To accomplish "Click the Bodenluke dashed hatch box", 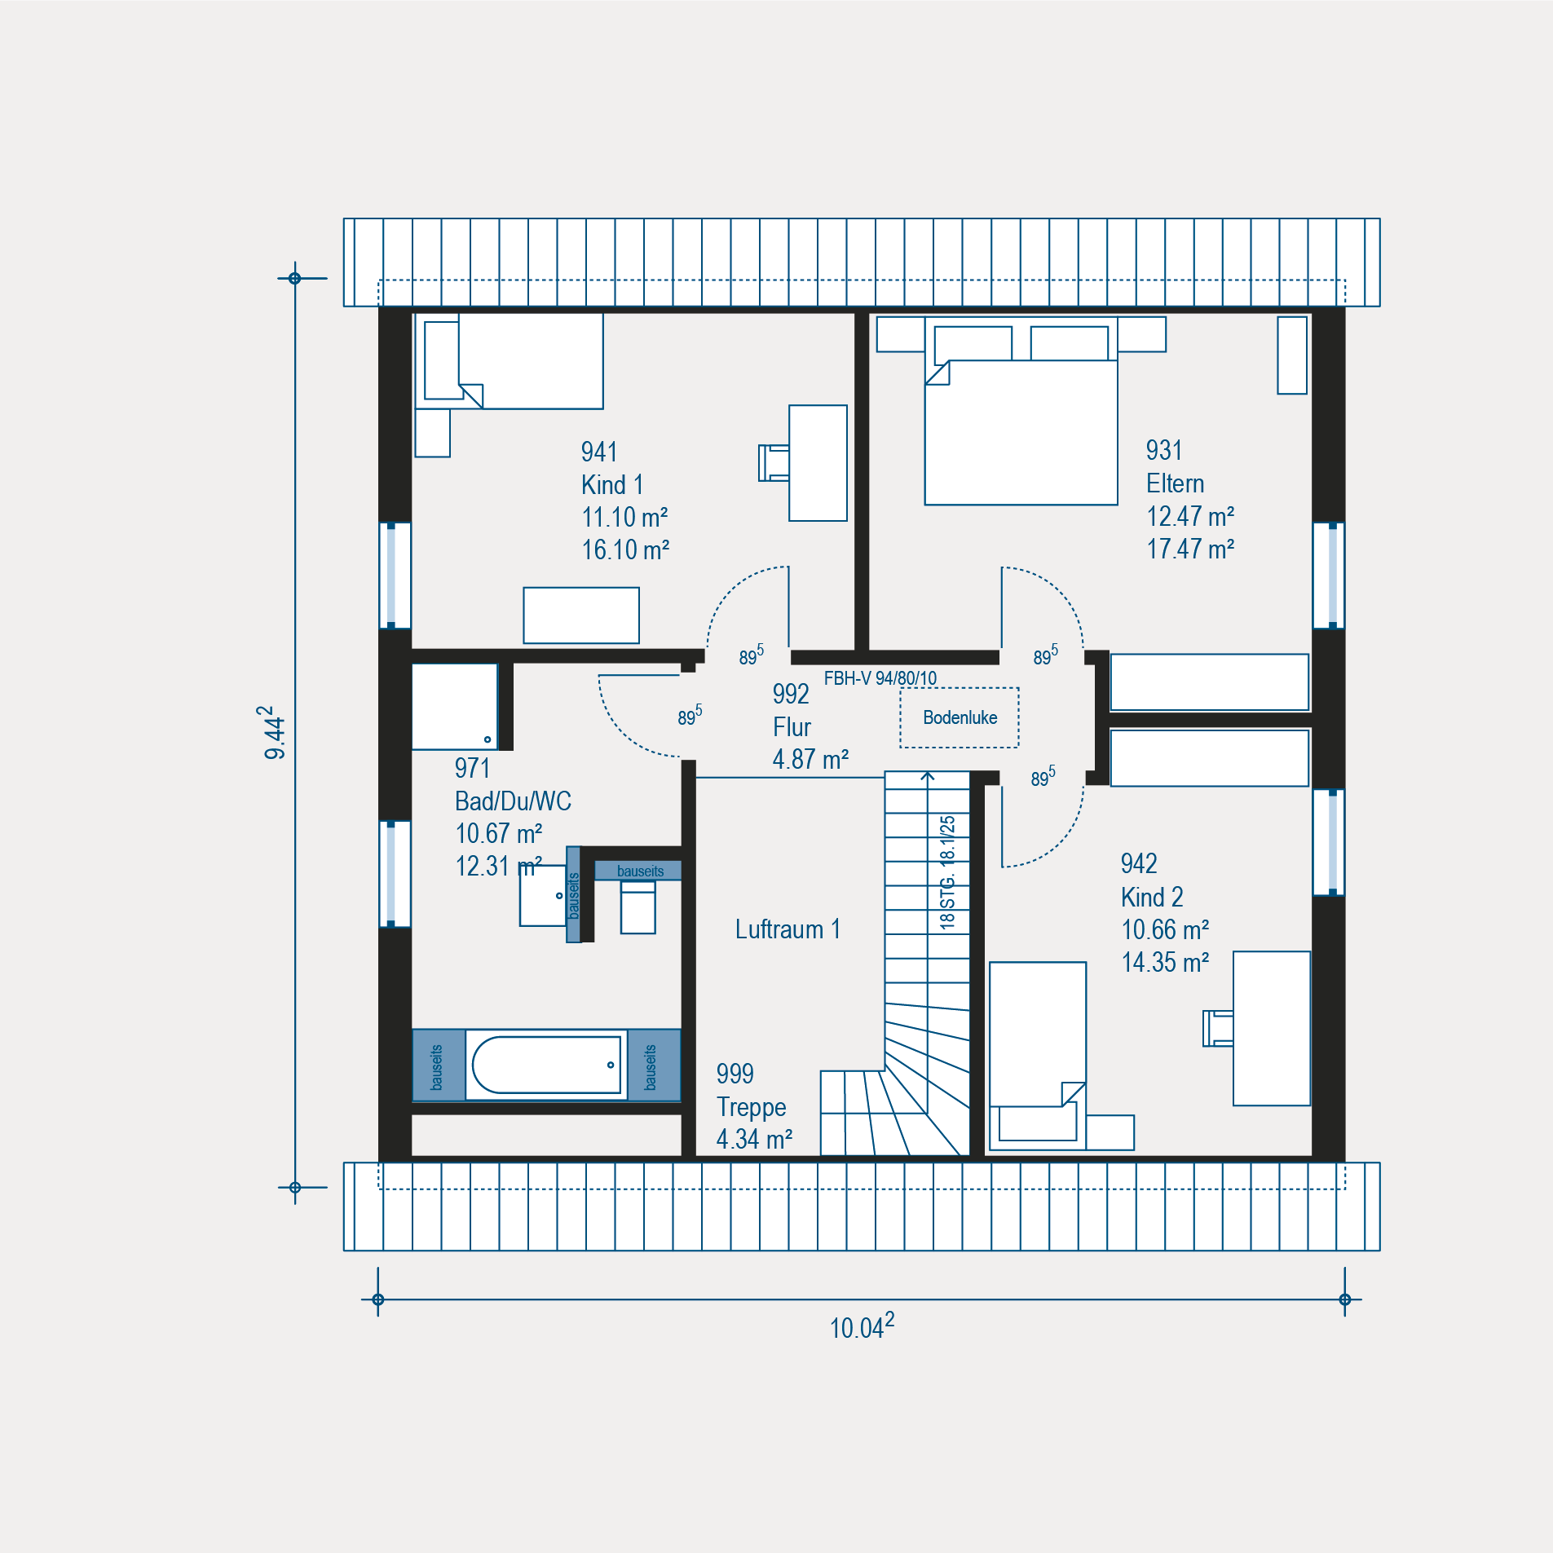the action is (x=960, y=717).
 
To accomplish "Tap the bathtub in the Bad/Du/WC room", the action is (x=546, y=1065).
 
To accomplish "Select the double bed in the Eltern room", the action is (x=1021, y=411).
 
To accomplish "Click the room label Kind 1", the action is (x=612, y=484).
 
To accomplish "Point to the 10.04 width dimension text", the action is (x=862, y=1326).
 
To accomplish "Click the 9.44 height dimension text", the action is (x=274, y=733).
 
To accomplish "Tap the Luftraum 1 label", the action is (x=788, y=929).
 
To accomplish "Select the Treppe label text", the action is (x=751, y=1107).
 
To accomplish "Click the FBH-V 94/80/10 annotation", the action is (x=880, y=678).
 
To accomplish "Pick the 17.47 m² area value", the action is (x=1190, y=549).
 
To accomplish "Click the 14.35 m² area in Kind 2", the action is (x=1165, y=962).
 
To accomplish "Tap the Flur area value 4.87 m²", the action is (x=810, y=759).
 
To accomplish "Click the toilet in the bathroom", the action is (x=638, y=907).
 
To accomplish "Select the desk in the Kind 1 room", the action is (x=818, y=463).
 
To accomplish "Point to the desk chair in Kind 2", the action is (x=1218, y=1028).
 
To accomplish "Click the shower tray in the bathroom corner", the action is (x=454, y=707).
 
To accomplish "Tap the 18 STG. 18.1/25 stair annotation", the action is (x=947, y=872).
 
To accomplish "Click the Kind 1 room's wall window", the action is (x=395, y=576).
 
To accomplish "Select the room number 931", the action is (x=1164, y=450).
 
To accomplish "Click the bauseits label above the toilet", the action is (x=640, y=871).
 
